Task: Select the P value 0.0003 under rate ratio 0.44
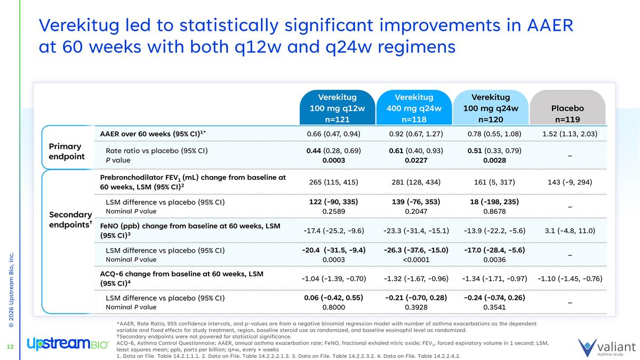tap(333, 160)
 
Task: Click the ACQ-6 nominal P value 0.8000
tap(333, 307)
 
